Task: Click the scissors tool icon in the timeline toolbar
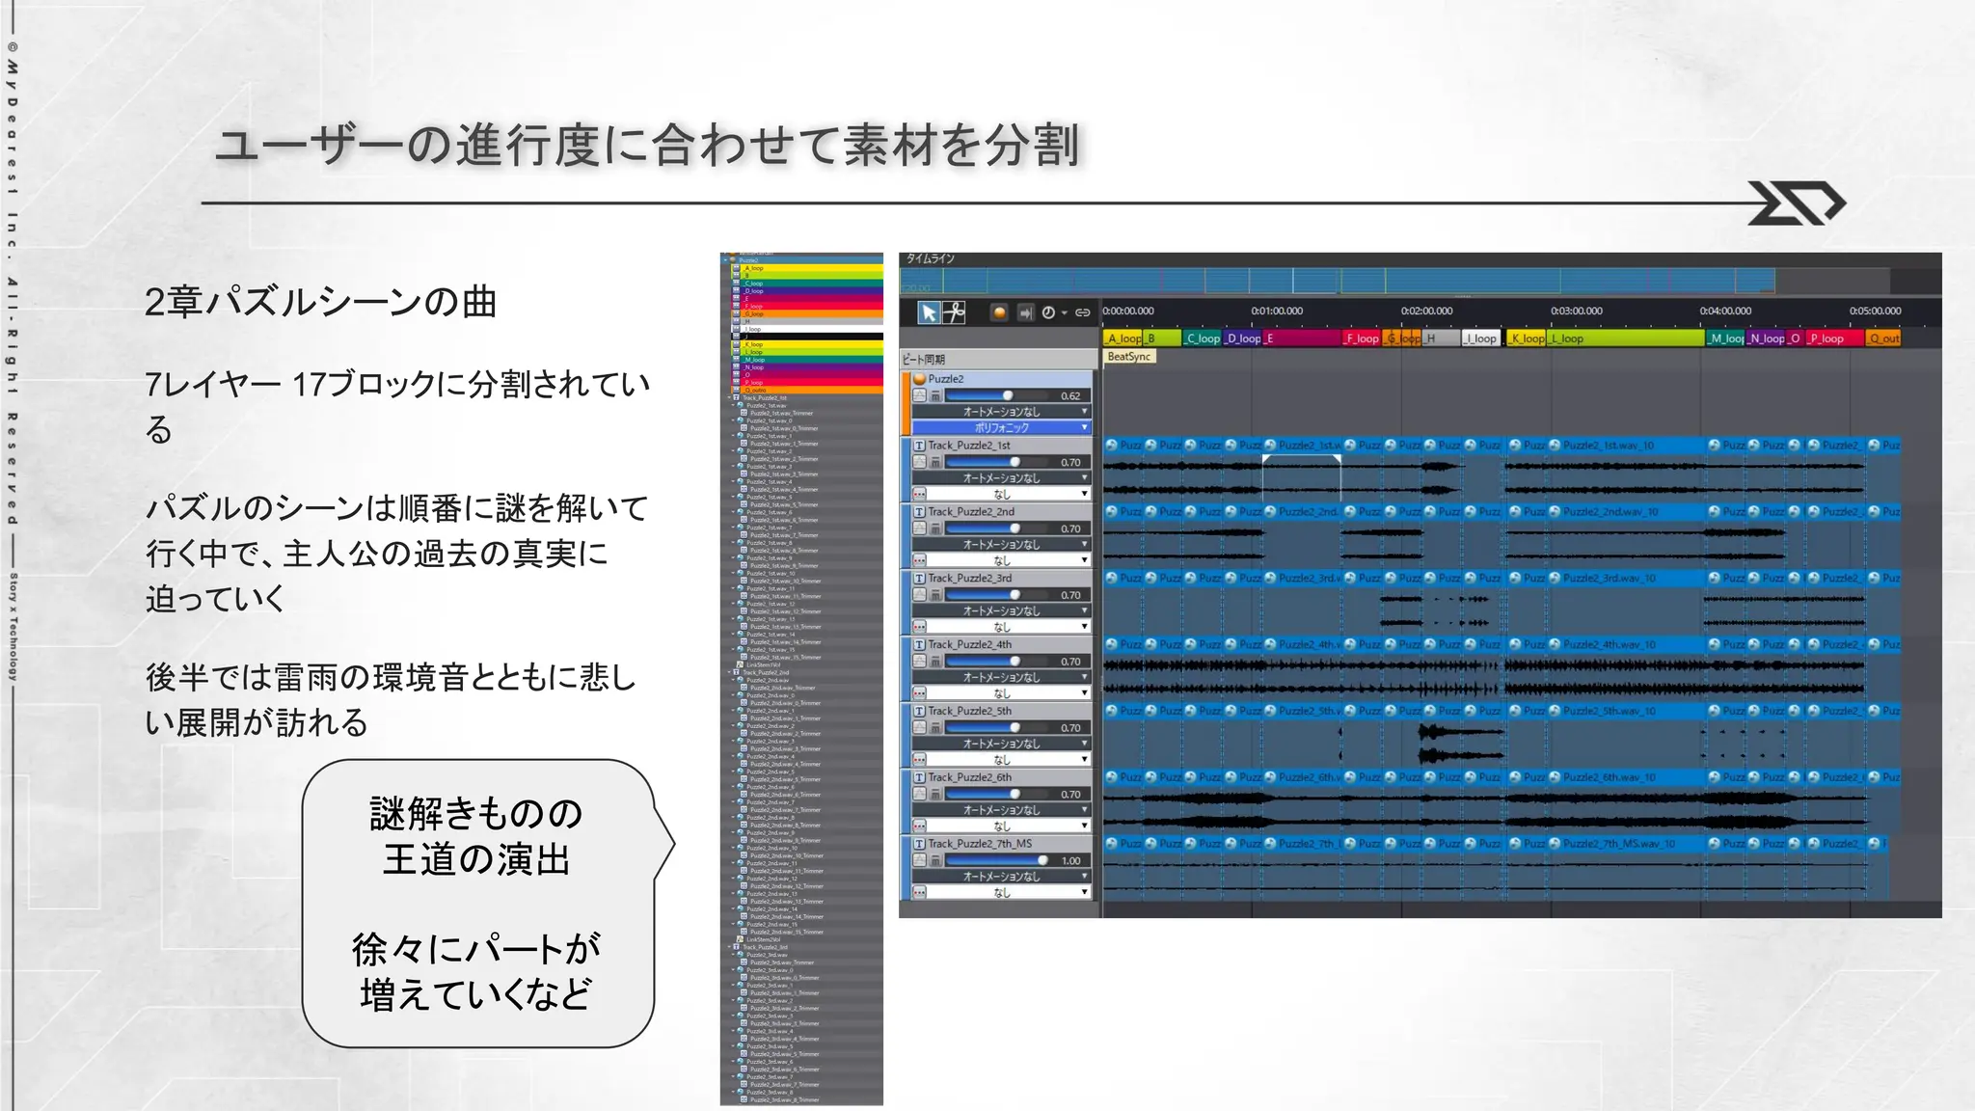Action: pyautogui.click(x=954, y=312)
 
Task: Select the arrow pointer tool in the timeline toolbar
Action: pyautogui.click(x=928, y=312)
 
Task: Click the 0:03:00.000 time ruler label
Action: pyautogui.click(x=1576, y=311)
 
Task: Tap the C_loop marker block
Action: pyautogui.click(x=1202, y=339)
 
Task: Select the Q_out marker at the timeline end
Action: pyautogui.click(x=1883, y=339)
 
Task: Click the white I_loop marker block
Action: pyautogui.click(x=1481, y=339)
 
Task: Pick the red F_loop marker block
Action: pyautogui.click(x=1361, y=339)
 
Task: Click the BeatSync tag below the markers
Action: pyautogui.click(x=1128, y=357)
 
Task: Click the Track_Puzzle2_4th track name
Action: pyautogui.click(x=969, y=644)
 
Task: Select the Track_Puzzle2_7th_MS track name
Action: pyautogui.click(x=979, y=844)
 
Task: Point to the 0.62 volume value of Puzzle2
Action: pyautogui.click(x=1069, y=395)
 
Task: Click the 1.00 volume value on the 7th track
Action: pyautogui.click(x=1070, y=860)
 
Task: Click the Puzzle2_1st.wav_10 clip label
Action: pyautogui.click(x=1608, y=446)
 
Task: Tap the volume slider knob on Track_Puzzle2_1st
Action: pyautogui.click(x=1015, y=462)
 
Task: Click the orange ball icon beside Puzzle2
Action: pyautogui.click(x=919, y=379)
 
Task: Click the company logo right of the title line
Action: pyautogui.click(x=1796, y=203)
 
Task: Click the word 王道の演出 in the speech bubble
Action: pyautogui.click(x=476, y=859)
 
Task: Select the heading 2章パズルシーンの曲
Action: pyautogui.click(x=320, y=302)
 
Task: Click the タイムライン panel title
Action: pyautogui.click(x=930, y=258)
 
